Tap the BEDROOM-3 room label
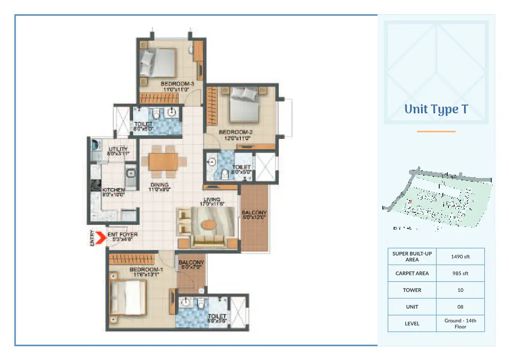177,84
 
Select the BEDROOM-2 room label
235,132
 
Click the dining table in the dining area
163,161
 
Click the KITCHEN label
113,190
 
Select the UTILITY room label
118,149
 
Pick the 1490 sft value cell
460,256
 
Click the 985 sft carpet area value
460,273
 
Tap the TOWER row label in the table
412,290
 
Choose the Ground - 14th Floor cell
460,323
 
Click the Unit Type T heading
436,109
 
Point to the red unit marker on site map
411,201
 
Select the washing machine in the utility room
96,144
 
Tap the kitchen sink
131,174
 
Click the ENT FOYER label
122,234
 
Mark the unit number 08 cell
460,307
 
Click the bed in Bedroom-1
127,297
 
